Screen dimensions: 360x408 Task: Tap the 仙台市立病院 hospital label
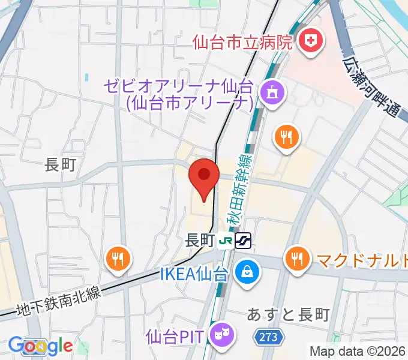point(242,42)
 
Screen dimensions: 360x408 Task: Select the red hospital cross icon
point(311,41)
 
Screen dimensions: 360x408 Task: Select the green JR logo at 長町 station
point(226,241)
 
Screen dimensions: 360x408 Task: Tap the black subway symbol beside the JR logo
point(243,241)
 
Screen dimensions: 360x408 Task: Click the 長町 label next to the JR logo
point(200,241)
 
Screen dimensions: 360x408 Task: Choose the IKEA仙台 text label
point(194,275)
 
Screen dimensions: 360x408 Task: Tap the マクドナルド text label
point(362,260)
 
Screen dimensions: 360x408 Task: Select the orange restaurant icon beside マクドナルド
point(297,259)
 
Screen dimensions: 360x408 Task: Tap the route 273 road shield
point(269,338)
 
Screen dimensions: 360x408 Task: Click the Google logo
point(40,346)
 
